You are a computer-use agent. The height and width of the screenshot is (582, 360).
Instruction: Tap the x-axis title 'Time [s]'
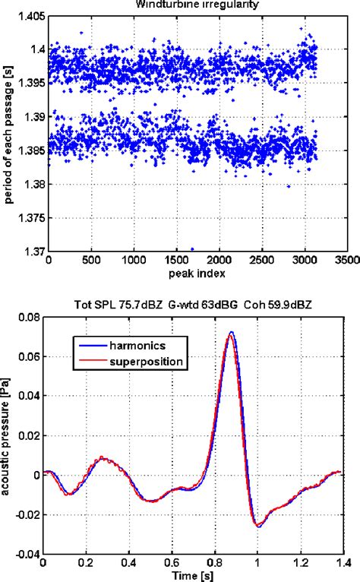pyautogui.click(x=195, y=576)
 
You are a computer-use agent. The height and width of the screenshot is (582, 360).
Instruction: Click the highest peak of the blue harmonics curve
pyautogui.click(x=232, y=332)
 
